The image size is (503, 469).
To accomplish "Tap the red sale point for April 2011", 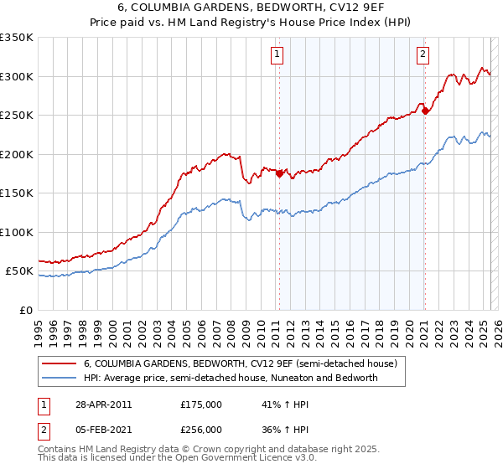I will pos(278,174).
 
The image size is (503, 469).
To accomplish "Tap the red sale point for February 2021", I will pos(425,111).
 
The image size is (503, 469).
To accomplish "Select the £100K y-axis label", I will pos(17,232).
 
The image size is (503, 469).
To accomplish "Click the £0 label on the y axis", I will pos(25,310).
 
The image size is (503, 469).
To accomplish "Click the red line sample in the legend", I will pos(60,363).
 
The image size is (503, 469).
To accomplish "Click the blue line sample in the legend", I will pos(60,378).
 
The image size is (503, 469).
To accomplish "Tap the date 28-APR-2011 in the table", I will pos(103,405).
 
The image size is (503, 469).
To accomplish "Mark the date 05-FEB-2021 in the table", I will pos(103,429).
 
